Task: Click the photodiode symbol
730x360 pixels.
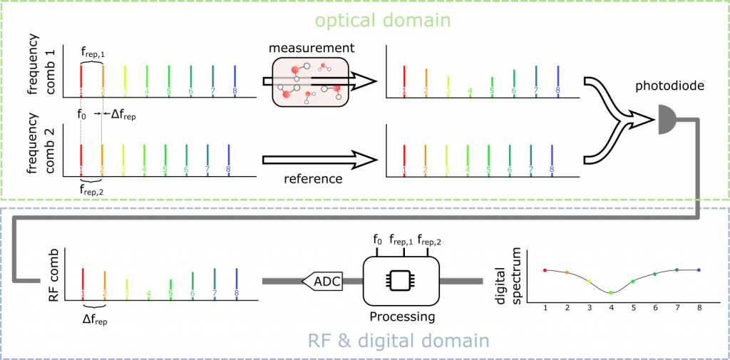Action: click(x=667, y=119)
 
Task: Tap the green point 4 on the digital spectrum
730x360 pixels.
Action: click(x=611, y=292)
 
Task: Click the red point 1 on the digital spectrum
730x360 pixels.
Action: click(x=545, y=270)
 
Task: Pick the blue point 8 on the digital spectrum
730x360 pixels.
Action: click(x=699, y=269)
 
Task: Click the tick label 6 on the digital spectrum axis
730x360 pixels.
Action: click(x=655, y=308)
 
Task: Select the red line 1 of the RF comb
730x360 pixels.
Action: click(x=83, y=283)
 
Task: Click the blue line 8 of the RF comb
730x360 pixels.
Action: click(x=237, y=283)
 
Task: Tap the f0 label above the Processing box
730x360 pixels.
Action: click(x=377, y=241)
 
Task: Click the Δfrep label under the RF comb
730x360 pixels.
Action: click(x=94, y=320)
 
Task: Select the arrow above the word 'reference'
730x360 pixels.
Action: click(x=320, y=160)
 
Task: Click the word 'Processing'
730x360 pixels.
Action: click(x=402, y=318)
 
